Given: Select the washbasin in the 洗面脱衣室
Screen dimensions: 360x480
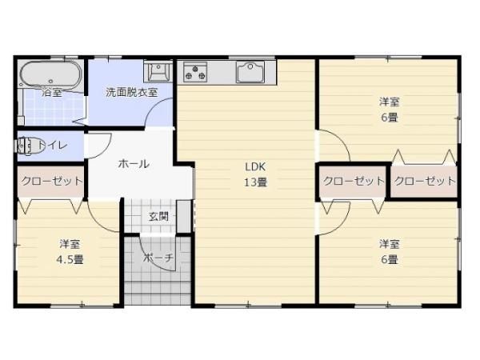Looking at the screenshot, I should tap(158, 72).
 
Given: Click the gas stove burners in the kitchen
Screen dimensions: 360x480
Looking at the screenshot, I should tap(194, 72).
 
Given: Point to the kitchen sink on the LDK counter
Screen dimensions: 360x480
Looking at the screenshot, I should tap(255, 72).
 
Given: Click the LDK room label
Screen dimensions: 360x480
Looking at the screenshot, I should tap(255, 167).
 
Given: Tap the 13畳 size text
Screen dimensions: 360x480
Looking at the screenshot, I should tap(255, 182).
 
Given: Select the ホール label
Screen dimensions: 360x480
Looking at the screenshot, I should tap(133, 164).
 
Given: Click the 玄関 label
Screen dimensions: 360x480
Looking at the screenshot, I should tap(158, 216).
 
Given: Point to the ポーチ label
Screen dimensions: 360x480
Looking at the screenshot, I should tap(158, 258).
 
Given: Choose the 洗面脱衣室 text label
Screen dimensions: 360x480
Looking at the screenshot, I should tap(131, 92).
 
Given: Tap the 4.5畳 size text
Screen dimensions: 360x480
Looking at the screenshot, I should tap(70, 258).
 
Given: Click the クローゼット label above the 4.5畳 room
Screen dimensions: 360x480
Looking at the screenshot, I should tap(51, 182).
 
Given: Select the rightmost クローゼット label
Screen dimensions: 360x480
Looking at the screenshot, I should tap(424, 182).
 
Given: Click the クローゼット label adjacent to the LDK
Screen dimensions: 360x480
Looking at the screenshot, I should tap(353, 182).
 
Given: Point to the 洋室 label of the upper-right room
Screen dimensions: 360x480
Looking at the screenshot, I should tap(390, 102).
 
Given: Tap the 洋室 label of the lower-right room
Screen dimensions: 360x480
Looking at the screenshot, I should tap(390, 244).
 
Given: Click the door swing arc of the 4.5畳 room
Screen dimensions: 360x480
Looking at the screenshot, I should tap(104, 213).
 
